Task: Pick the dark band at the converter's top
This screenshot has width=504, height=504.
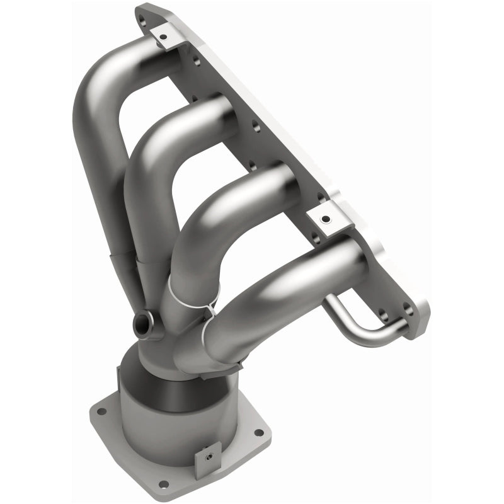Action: coord(189,378)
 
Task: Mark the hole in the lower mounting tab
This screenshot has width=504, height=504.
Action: coord(325,219)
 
